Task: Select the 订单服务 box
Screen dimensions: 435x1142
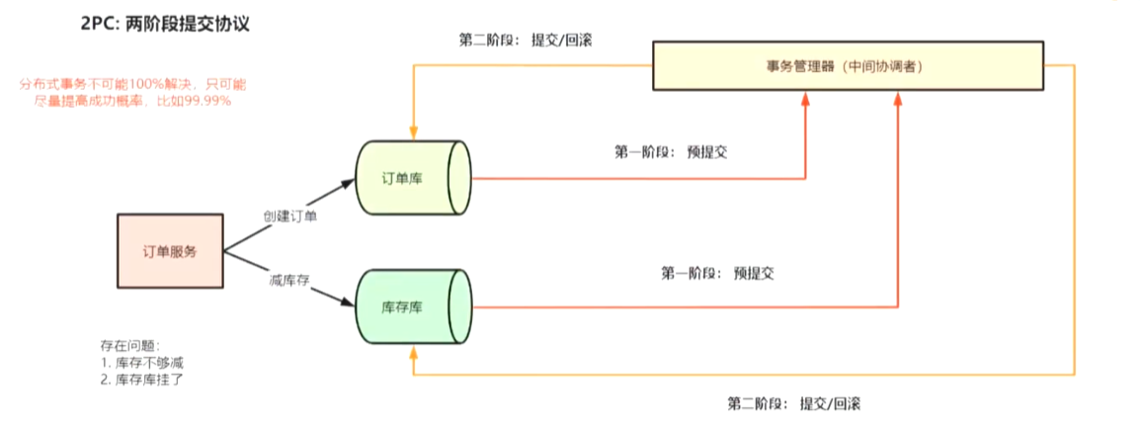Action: [x=170, y=251]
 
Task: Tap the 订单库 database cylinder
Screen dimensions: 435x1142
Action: [x=413, y=179]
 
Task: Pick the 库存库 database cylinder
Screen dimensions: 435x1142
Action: [x=413, y=307]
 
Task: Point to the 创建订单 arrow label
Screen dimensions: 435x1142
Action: [x=290, y=216]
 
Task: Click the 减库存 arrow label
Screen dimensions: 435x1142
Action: [x=289, y=281]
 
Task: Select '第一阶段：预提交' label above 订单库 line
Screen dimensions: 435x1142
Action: [x=671, y=152]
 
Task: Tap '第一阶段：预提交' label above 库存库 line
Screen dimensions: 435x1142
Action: [x=717, y=273]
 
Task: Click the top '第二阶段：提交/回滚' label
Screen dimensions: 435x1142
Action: [x=526, y=41]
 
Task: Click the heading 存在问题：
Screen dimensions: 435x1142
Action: [x=129, y=345]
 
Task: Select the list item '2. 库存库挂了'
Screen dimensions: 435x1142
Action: [x=142, y=380]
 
